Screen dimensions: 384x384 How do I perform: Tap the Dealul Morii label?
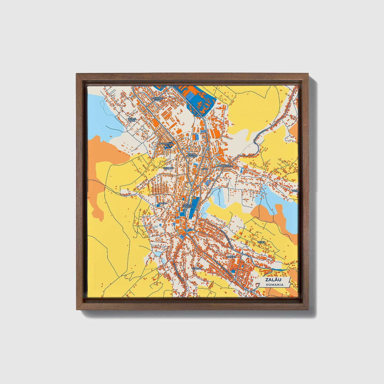click(x=132, y=120)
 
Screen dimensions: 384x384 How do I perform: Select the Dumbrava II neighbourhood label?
click(x=166, y=144)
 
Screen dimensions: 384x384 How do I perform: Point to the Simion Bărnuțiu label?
click(x=191, y=155)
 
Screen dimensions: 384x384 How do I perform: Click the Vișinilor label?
click(x=168, y=168)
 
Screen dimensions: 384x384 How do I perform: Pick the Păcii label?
click(x=204, y=169)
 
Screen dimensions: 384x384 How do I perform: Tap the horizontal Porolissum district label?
click(x=226, y=166)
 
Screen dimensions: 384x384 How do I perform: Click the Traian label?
click(x=162, y=203)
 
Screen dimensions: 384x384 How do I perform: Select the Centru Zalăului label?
click(x=187, y=205)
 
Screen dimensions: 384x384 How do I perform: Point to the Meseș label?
click(x=261, y=242)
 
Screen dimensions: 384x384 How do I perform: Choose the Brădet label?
click(x=231, y=257)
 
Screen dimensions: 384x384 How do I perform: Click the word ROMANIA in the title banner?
click(x=275, y=285)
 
